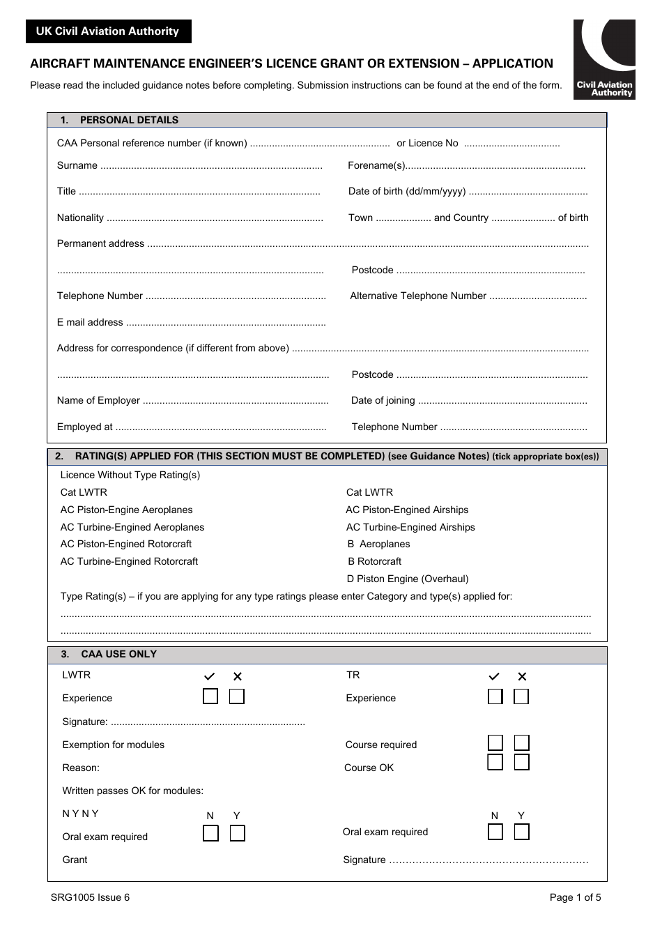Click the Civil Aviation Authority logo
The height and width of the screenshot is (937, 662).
603,59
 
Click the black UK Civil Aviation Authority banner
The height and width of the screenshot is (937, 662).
108,31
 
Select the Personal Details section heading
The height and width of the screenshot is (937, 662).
129,120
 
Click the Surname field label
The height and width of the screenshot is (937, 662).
77,166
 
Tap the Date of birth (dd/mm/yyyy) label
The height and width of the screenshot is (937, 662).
407,192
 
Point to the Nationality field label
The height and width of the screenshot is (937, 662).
80,218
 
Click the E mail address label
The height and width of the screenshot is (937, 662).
90,323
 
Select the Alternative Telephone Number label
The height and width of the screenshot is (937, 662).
418,296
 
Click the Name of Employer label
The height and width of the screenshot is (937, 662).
98,401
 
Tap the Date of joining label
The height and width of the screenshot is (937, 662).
383,401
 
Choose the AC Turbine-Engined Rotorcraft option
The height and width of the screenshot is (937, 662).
129,562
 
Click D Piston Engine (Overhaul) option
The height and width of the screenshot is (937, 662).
408,579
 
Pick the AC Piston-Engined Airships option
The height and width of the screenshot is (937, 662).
407,510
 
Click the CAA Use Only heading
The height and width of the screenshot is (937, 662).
118,654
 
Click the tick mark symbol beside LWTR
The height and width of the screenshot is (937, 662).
209,676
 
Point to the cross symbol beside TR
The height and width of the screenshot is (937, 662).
522,676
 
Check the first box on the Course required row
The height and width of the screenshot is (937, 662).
495,742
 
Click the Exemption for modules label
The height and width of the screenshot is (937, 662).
114,745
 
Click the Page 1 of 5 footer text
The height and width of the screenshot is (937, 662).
575,898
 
